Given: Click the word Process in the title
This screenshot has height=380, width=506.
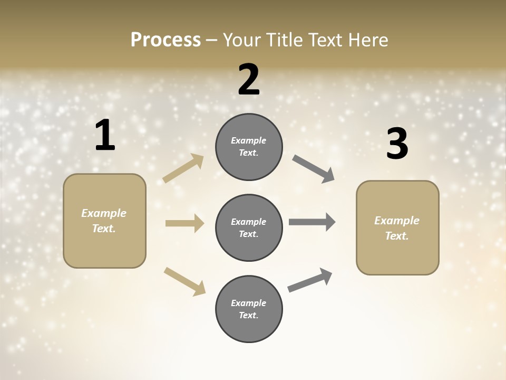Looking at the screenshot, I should (166, 40).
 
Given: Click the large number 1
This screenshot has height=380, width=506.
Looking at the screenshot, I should (105, 136).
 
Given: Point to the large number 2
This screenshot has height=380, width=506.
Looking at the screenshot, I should (249, 79).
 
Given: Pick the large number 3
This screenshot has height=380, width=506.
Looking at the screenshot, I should (397, 144).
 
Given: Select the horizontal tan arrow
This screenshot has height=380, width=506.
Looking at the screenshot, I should (184, 223).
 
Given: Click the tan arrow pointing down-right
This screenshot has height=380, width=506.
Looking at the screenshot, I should (185, 281).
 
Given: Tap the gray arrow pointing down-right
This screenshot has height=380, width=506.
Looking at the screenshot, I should (313, 168).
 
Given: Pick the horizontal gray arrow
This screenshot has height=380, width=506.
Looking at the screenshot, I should (312, 222).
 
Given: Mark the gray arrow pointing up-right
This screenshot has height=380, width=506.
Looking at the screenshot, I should (310, 280).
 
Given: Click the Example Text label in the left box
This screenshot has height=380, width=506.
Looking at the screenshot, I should (104, 221).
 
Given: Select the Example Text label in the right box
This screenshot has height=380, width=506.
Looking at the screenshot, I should (397, 228).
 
